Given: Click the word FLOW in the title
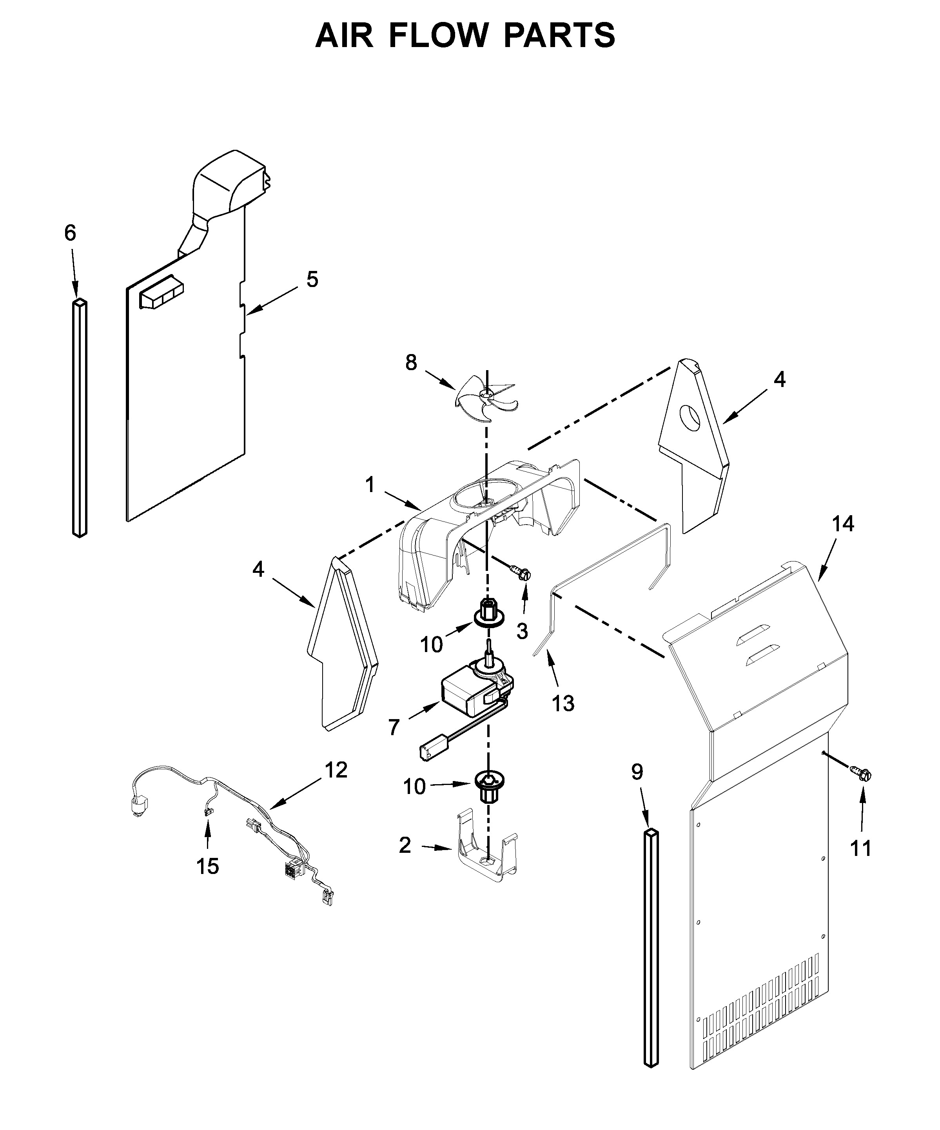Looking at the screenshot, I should (439, 36).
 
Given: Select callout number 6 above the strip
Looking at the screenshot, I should (70, 233).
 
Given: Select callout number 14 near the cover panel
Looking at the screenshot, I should (843, 523).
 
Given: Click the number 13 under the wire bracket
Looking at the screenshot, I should (563, 703).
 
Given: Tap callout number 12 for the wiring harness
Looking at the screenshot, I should (336, 770).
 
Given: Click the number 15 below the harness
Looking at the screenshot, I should (208, 867).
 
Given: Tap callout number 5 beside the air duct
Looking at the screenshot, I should (312, 279).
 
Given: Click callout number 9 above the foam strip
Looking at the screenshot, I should (637, 773).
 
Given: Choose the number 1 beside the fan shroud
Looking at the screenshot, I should (370, 485).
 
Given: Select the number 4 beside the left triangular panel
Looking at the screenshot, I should (258, 569).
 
